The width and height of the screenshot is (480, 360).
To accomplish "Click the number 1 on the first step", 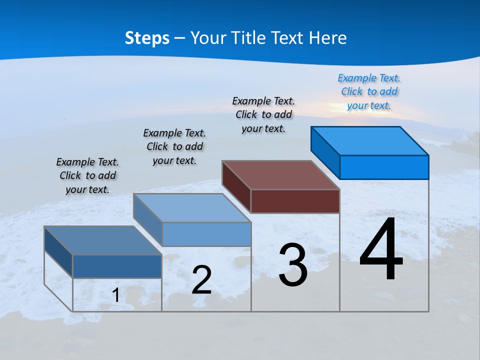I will click(116, 295).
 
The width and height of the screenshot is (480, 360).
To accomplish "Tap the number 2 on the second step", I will click(201, 280).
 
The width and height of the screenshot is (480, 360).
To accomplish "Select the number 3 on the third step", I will click(293, 265).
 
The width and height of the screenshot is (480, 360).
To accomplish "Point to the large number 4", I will click(381, 249).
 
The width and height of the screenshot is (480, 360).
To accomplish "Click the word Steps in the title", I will click(147, 38).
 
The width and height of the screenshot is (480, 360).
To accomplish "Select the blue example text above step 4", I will click(369, 91).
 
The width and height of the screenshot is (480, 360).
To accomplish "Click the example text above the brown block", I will click(263, 114).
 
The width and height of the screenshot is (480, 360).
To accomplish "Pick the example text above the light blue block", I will click(174, 146).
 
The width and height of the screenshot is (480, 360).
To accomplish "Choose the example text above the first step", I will click(87, 175).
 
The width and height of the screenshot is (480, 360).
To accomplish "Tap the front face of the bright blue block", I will click(384, 167).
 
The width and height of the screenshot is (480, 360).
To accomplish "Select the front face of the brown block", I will click(295, 201).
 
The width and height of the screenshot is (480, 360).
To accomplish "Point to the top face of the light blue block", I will click(192, 208).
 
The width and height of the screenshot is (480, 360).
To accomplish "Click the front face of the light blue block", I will click(206, 234).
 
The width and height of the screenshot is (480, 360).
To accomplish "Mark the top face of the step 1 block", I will click(103, 240).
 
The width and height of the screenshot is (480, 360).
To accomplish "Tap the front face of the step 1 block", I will click(117, 266).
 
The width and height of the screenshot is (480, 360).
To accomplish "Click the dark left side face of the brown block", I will click(236, 186).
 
